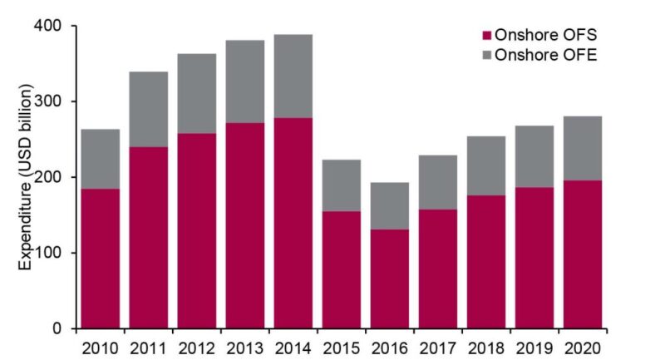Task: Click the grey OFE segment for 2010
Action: (x=100, y=159)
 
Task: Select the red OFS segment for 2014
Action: (x=293, y=223)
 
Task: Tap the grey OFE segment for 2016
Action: (x=389, y=205)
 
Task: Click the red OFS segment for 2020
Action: (x=582, y=254)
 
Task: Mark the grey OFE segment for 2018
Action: (x=485, y=165)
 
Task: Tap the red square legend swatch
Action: (x=487, y=35)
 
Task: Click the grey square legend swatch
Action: (x=487, y=55)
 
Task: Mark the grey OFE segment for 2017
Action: (x=437, y=182)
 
